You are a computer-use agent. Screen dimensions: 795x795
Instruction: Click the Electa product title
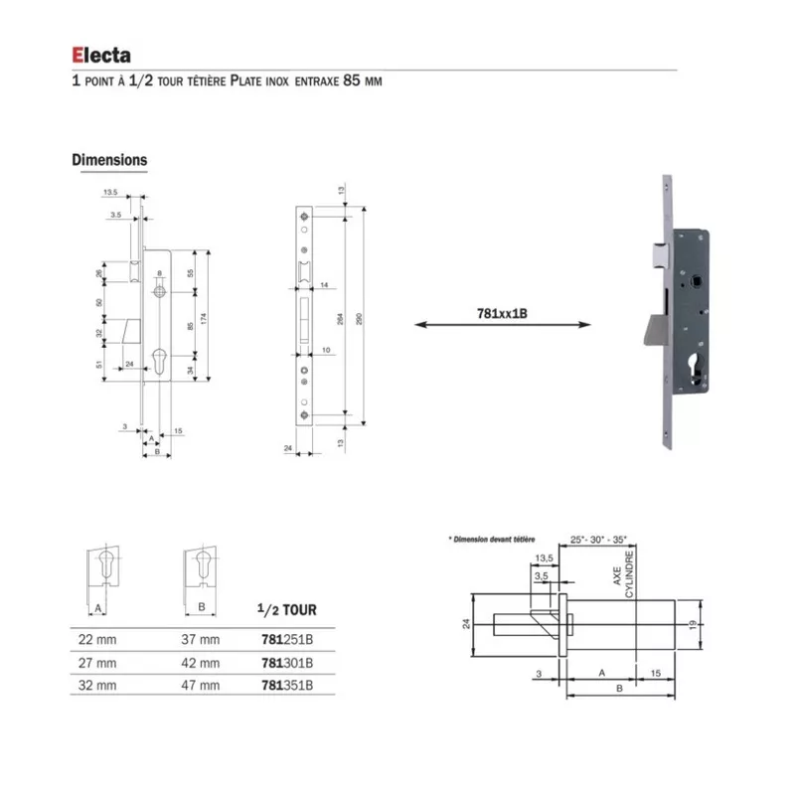point(100,56)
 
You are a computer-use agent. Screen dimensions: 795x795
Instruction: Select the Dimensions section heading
point(109,160)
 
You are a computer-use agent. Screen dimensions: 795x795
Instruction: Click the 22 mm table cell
point(97,639)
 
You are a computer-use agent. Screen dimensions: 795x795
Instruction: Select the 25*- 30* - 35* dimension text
point(599,538)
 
